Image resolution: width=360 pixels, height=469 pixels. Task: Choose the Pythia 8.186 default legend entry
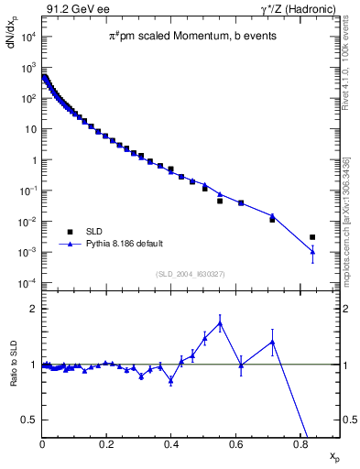pos(117,245)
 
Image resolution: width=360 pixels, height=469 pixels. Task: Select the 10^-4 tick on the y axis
pos(29,282)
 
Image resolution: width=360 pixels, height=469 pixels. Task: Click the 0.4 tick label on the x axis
pos(171,446)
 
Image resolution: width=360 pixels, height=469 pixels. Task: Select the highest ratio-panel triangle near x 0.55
pos(220,322)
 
